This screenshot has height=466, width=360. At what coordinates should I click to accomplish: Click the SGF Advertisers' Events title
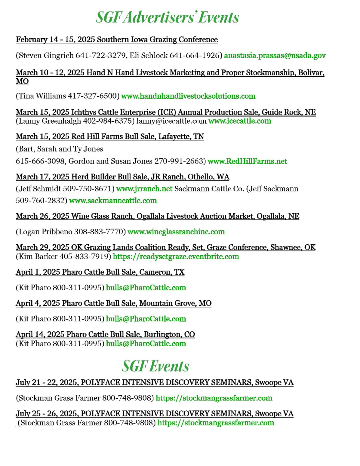click(167, 17)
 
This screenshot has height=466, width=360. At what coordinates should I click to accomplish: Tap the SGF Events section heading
click(155, 366)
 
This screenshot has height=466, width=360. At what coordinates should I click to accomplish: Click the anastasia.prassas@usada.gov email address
click(275, 56)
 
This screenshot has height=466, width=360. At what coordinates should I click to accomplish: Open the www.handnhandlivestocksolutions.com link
click(188, 96)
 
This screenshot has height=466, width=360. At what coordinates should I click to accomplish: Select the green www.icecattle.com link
click(240, 121)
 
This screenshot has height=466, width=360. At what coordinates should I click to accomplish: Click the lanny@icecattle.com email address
click(171, 121)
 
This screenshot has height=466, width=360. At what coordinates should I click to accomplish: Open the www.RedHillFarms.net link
click(247, 161)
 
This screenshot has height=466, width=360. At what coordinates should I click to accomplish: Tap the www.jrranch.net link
click(144, 189)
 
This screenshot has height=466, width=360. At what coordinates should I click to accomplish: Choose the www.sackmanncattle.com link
click(113, 201)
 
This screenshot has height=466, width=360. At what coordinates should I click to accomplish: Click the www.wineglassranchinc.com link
click(176, 232)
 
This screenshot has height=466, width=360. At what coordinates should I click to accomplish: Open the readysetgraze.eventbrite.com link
click(176, 257)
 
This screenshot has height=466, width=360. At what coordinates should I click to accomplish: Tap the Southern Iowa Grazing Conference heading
click(117, 39)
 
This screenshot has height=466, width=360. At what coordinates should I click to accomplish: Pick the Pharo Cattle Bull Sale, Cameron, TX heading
click(100, 272)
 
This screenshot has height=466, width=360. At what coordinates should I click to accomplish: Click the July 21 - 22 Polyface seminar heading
click(155, 383)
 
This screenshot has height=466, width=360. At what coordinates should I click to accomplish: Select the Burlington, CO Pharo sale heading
click(105, 334)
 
